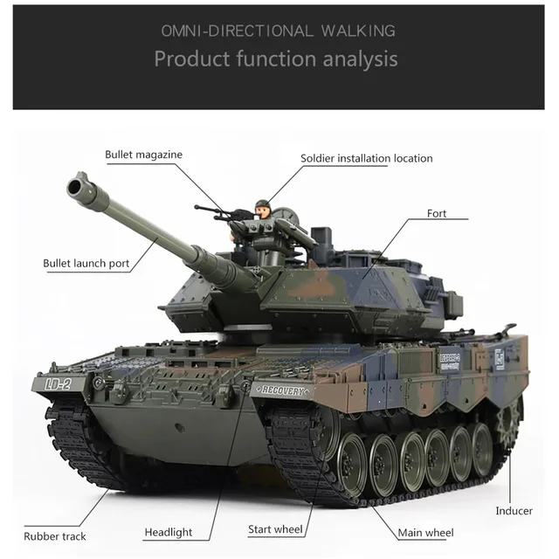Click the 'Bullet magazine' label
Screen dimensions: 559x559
(x=143, y=155)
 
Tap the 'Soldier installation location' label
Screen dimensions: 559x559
(x=366, y=158)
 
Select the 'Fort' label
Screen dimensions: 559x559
(x=437, y=213)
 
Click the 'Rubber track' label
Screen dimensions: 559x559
(x=55, y=535)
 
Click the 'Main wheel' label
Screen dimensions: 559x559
(x=425, y=532)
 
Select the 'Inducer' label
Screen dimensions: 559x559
(x=514, y=511)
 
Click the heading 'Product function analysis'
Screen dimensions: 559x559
(x=276, y=59)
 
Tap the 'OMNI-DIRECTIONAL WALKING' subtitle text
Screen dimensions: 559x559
(x=278, y=31)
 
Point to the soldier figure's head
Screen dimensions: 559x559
(x=259, y=208)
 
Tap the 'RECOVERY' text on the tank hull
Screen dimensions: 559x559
(x=279, y=390)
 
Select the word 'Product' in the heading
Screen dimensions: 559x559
(x=190, y=59)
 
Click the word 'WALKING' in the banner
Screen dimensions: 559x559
(x=358, y=31)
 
